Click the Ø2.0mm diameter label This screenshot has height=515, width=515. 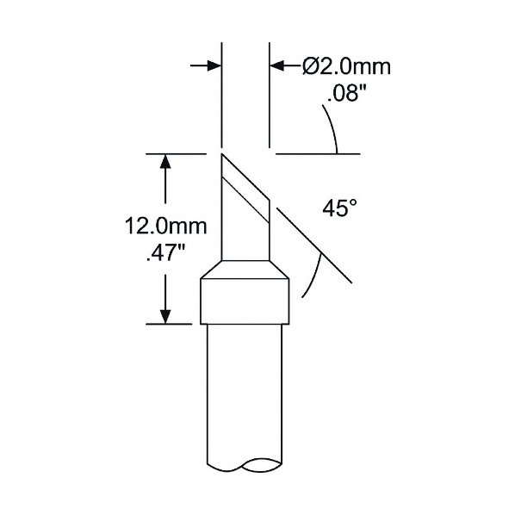pyautogui.click(x=346, y=67)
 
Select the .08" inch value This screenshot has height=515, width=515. pyautogui.click(x=346, y=94)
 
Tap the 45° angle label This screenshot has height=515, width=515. pyautogui.click(x=339, y=208)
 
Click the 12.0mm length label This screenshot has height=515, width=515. pyautogui.click(x=166, y=226)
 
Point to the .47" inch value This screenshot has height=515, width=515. pyautogui.click(x=166, y=253)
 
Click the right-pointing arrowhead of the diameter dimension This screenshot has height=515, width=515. pyautogui.click(x=214, y=65)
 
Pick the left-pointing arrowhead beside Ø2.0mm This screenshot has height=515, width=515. pyautogui.click(x=277, y=65)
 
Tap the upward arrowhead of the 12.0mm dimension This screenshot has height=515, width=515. pyautogui.click(x=165, y=162)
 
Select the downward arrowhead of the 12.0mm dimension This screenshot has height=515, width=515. pyautogui.click(x=165, y=316)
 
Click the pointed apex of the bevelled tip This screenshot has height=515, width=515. pyautogui.click(x=222, y=153)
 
